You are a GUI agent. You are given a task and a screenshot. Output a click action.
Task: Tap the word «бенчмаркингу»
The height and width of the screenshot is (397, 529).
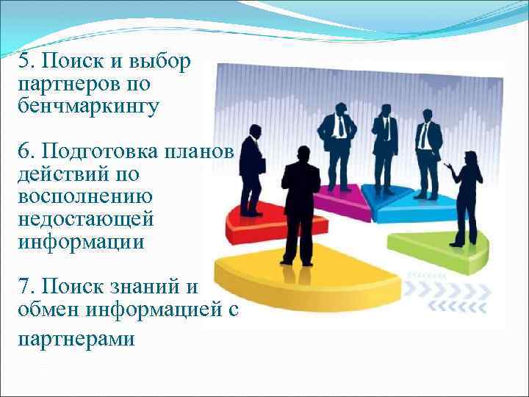87,107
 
